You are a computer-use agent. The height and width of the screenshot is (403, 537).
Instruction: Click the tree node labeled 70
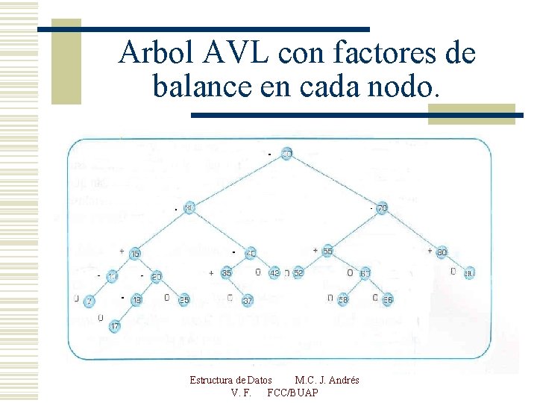[x=382, y=208]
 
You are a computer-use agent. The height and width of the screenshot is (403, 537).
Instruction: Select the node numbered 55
[x=327, y=252]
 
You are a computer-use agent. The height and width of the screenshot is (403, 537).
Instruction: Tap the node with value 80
[x=442, y=252]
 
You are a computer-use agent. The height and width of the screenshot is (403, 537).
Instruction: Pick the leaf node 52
[x=298, y=274]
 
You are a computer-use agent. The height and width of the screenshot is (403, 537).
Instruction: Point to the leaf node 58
[x=343, y=300]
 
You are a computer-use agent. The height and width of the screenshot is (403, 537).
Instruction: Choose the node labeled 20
[x=157, y=278]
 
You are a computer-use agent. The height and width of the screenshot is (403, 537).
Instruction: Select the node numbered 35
[x=227, y=274]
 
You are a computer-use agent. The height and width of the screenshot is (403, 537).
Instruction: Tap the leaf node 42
[x=274, y=273]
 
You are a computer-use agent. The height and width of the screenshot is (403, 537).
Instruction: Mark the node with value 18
[x=136, y=300]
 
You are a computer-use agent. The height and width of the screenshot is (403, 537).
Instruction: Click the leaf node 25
[x=183, y=300]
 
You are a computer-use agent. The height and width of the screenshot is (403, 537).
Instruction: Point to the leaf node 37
[x=248, y=301]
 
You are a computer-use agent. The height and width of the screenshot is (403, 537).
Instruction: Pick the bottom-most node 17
[x=115, y=326]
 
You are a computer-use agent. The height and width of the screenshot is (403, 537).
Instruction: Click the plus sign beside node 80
[x=430, y=251]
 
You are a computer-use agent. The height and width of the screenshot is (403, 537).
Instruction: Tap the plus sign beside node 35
[x=212, y=273]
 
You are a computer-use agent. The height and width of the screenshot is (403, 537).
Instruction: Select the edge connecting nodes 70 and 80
[x=412, y=231]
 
